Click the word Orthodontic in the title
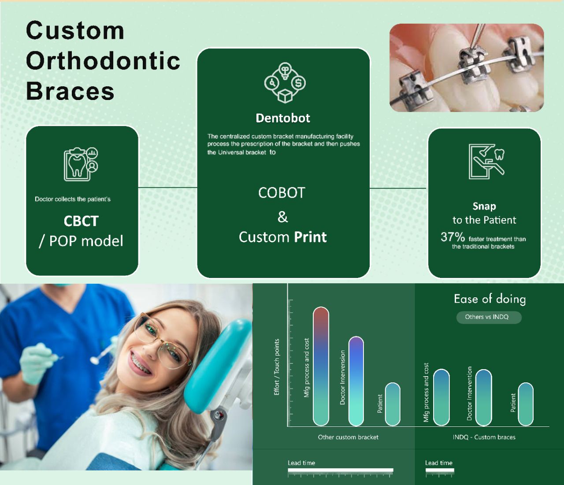tap(103, 60)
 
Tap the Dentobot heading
tap(283, 118)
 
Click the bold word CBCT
tap(81, 221)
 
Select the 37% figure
tap(453, 237)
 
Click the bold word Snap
tap(484, 207)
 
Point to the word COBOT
tap(282, 193)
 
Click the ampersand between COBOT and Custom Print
tap(283, 217)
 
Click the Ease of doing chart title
tap(490, 299)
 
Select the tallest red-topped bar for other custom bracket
tap(321, 366)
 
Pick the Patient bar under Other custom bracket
tap(392, 404)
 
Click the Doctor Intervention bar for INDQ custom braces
tap(483, 397)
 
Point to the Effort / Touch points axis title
tap(276, 367)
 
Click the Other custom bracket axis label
tap(348, 437)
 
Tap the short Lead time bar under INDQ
tap(440, 470)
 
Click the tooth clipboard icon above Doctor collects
tap(81, 164)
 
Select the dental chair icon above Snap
tap(486, 162)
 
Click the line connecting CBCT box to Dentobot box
tap(167, 188)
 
